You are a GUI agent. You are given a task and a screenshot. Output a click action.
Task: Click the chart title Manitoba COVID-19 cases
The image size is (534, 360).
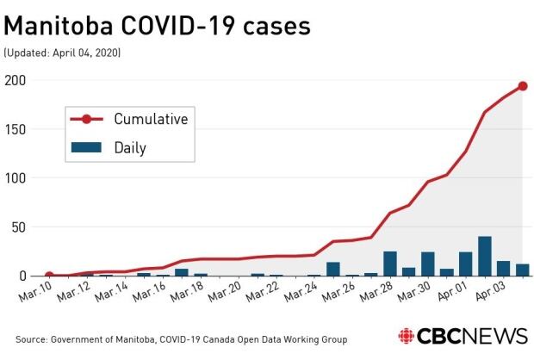[x=157, y=27]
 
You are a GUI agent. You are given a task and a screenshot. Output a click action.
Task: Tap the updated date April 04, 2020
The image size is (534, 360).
[x=62, y=53]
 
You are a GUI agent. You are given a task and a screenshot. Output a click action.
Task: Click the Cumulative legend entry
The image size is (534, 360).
[x=151, y=118]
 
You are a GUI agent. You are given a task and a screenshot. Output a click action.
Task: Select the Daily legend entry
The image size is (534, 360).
[x=130, y=147]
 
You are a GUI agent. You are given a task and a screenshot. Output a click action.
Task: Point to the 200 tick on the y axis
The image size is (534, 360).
[x=16, y=80]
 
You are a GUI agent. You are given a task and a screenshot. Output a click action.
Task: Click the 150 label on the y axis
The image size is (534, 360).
[x=16, y=129]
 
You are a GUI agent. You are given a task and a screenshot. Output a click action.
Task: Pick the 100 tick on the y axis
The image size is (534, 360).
[x=16, y=178]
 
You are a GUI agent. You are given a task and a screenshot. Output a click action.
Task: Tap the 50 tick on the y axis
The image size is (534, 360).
[x=19, y=227]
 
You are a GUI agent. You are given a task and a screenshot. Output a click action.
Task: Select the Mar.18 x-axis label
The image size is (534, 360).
[x=188, y=294]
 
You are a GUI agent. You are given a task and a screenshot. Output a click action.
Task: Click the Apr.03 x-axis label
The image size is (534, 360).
[x=491, y=294]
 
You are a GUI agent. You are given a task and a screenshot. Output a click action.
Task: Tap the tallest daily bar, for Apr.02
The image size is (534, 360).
[x=485, y=257]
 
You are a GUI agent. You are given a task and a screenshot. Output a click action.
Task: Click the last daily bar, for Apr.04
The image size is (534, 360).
[x=523, y=270]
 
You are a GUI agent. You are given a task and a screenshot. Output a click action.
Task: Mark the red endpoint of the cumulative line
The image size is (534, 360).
[x=523, y=86]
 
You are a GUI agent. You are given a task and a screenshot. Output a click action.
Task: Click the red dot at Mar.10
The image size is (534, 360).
[x=49, y=276]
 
